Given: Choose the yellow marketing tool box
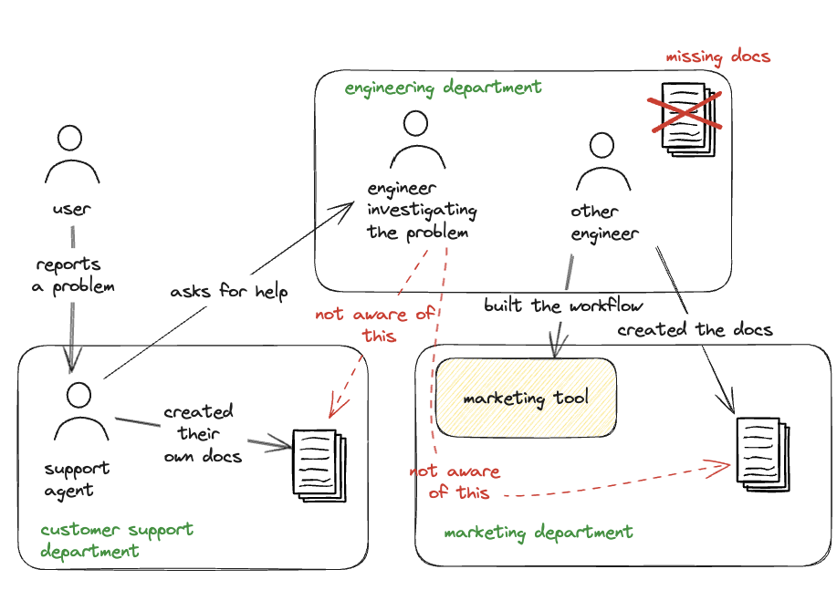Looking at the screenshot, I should click(526, 398).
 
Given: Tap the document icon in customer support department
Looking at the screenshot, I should click(319, 463).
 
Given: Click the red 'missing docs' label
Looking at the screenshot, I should click(718, 57).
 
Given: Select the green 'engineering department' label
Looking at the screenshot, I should click(443, 88).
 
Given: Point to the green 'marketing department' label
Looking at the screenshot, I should click(538, 533).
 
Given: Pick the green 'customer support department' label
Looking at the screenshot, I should click(116, 540).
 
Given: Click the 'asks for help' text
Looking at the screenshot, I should click(229, 293).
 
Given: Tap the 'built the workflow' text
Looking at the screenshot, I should click(563, 305).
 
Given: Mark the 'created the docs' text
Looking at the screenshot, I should click(695, 329).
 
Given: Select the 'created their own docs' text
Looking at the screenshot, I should click(201, 433).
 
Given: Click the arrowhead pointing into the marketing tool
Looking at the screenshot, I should click(555, 352).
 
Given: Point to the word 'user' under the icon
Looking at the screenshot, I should click(71, 209).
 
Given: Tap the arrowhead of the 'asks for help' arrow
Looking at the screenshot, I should click(350, 206).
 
